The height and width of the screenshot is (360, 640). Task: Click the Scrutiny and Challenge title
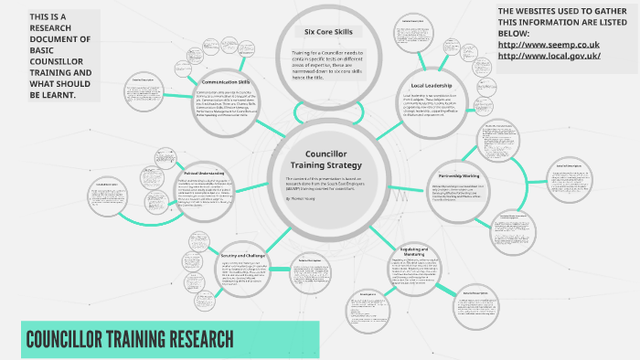(x=241, y=255)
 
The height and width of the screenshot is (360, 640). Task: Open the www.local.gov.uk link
(x=549, y=55)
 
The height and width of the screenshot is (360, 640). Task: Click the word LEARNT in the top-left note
(x=52, y=94)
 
